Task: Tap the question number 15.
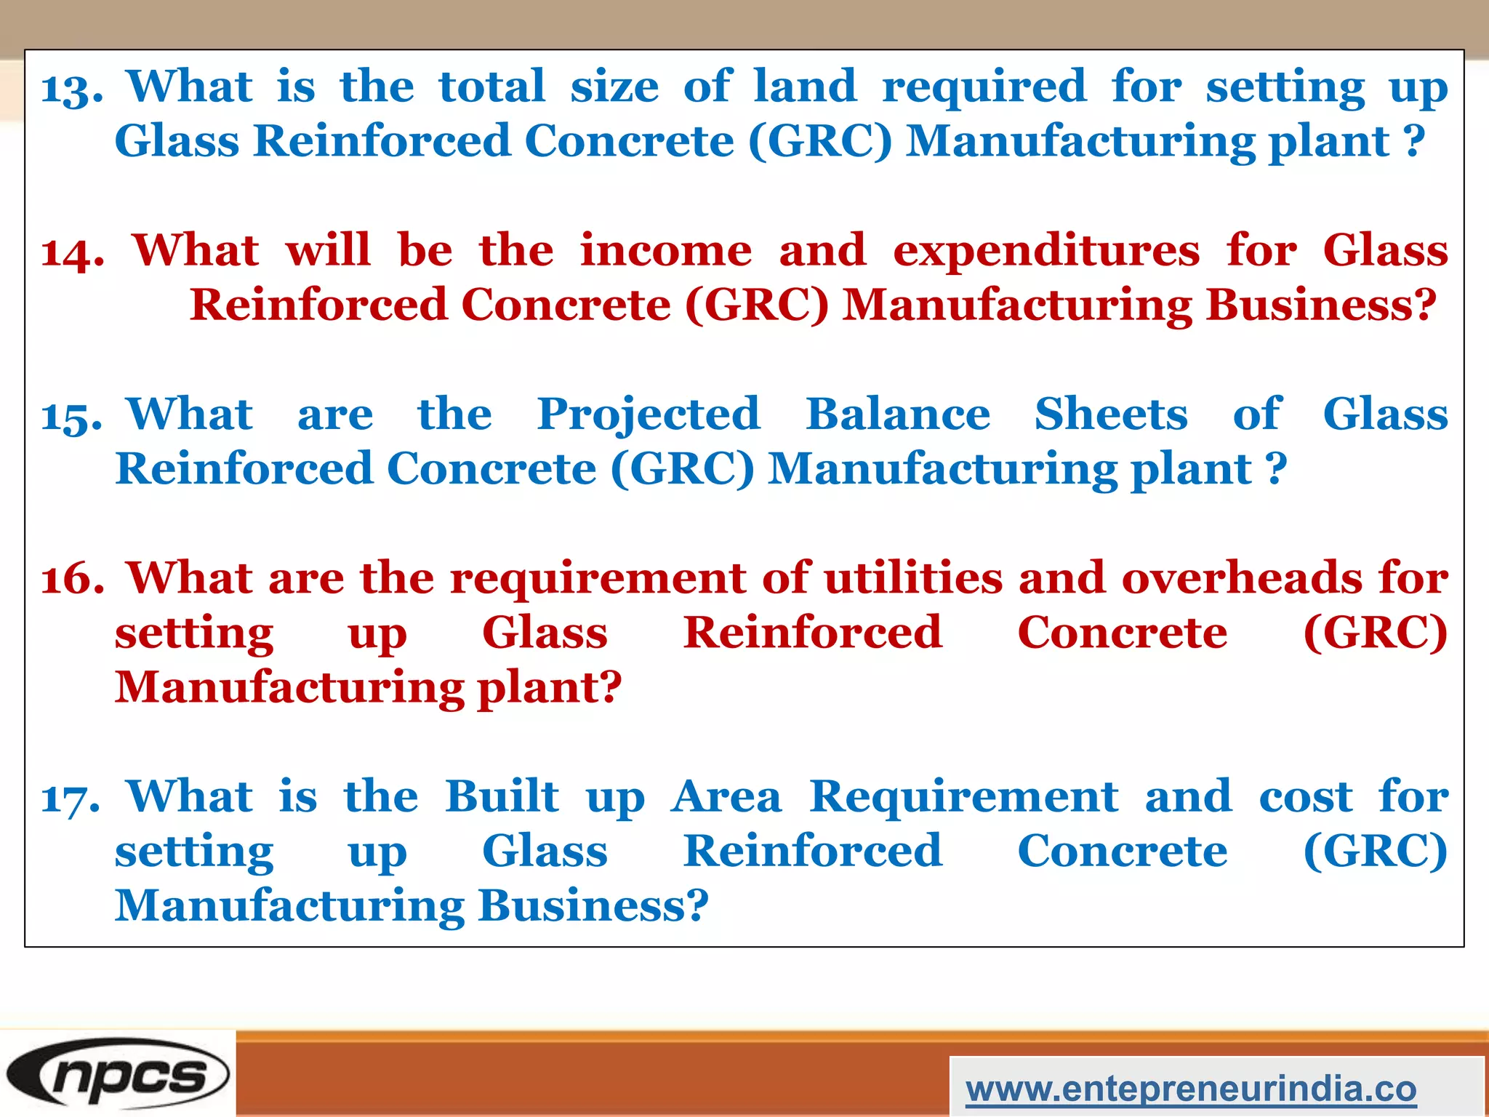(71, 417)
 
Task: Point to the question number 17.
(71, 798)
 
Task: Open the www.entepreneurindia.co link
(1191, 1089)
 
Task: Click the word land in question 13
(805, 87)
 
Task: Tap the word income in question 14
(665, 251)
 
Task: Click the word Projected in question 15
(648, 416)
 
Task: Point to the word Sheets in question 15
(1110, 415)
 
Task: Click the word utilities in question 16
(913, 578)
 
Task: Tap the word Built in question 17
(502, 796)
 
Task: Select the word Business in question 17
(593, 906)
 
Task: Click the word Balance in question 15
(897, 415)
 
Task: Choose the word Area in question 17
(726, 797)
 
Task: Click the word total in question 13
(491, 87)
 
